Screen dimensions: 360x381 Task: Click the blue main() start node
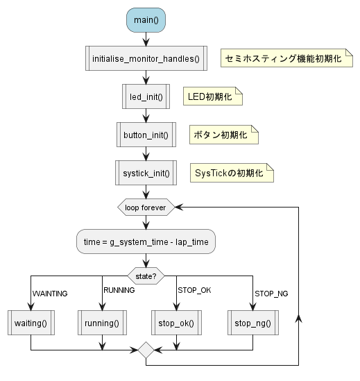(x=146, y=20)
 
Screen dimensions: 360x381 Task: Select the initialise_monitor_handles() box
(x=146, y=58)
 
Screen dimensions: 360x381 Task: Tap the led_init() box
(x=146, y=96)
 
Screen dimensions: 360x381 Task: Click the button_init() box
(x=146, y=135)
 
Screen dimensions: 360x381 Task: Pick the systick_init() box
(x=146, y=173)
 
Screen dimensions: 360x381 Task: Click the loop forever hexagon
(x=146, y=208)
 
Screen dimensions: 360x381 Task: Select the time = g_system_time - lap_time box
(x=146, y=242)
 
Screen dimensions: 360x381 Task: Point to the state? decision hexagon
(x=146, y=276)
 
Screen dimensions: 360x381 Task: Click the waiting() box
(x=31, y=323)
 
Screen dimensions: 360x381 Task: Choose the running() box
(x=102, y=323)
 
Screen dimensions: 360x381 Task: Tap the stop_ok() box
(x=177, y=323)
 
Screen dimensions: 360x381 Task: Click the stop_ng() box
(x=253, y=323)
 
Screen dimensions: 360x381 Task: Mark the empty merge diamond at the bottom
(x=146, y=350)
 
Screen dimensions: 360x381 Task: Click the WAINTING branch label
(x=50, y=294)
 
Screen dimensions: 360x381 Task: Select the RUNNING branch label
(x=119, y=290)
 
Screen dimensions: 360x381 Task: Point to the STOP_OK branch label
(x=194, y=290)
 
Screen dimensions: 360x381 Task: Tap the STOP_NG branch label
(x=271, y=294)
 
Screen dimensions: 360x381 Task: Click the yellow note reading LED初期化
(x=213, y=96)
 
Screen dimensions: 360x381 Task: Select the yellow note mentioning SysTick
(x=232, y=173)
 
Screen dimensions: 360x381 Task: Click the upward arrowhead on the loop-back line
(x=298, y=318)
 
